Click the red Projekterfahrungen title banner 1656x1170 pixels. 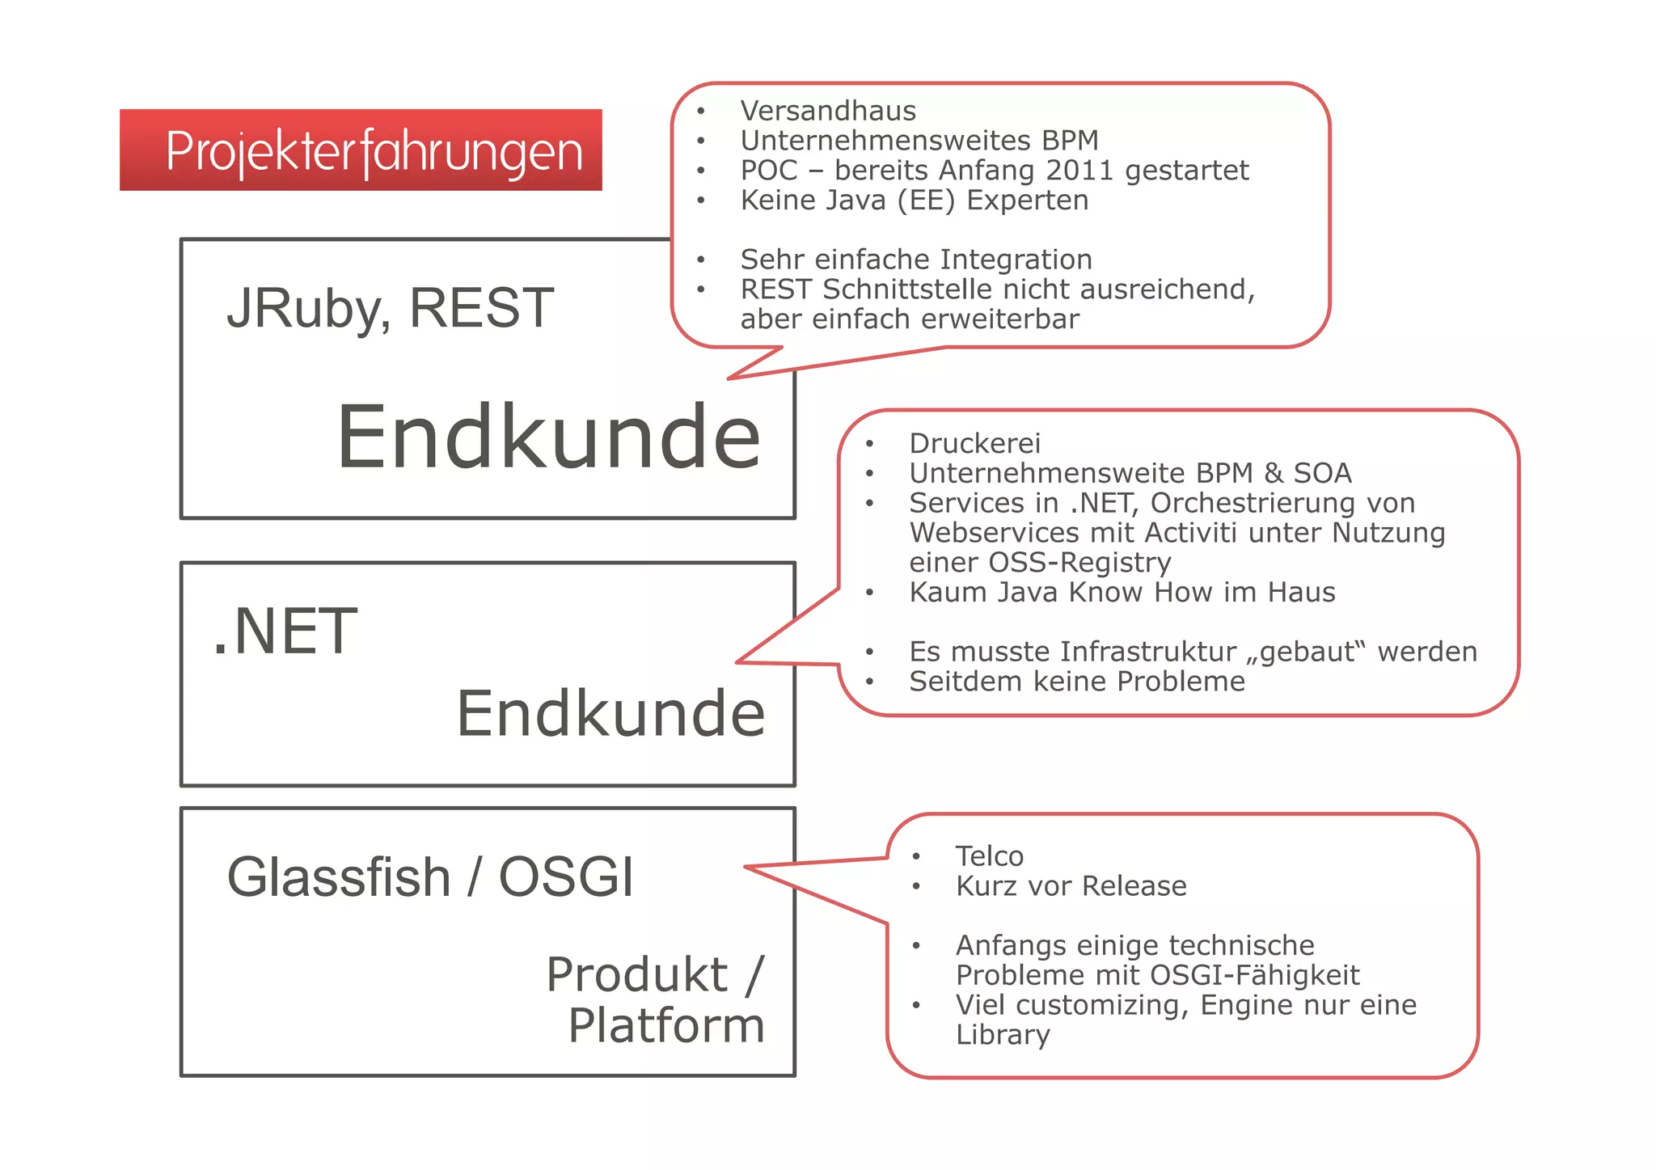[361, 150]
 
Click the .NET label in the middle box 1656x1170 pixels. [285, 631]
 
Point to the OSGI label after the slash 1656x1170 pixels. [566, 877]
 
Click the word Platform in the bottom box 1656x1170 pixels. [665, 1026]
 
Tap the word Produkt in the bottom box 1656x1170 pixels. [637, 974]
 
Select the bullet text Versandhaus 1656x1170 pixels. [828, 111]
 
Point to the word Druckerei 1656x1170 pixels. [974, 443]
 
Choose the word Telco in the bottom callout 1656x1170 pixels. [989, 856]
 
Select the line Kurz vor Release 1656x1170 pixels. [1071, 886]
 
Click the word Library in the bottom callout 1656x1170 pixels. [1003, 1035]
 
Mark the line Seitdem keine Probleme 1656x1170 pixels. [1076, 682]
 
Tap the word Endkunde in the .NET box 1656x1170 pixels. [610, 714]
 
